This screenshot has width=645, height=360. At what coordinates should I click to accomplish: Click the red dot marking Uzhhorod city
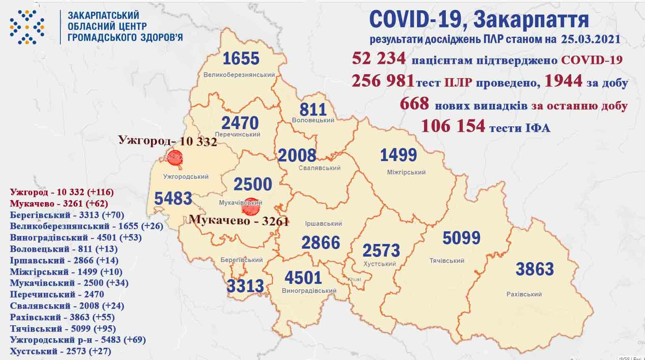[174, 157]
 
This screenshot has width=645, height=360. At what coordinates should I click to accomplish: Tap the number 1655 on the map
[241, 58]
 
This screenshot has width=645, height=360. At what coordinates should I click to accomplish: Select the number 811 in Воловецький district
[313, 109]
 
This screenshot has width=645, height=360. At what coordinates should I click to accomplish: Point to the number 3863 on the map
[535, 269]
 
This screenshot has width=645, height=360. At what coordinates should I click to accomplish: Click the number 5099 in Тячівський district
[461, 238]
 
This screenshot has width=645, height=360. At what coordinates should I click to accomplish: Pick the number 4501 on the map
[303, 277]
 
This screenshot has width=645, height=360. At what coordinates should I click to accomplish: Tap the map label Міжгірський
[406, 172]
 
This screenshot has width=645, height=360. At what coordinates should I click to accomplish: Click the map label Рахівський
[524, 294]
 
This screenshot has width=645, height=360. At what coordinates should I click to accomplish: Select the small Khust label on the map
[354, 279]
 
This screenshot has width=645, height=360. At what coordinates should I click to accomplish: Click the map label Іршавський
[323, 224]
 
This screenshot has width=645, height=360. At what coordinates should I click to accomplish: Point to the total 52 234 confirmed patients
[379, 58]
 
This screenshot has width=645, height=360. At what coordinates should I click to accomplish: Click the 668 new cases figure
[414, 104]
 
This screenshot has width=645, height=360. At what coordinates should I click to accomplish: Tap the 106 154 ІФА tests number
[453, 126]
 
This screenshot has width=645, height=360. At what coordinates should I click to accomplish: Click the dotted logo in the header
[27, 27]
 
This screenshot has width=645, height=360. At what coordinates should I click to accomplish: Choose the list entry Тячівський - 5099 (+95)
[63, 328]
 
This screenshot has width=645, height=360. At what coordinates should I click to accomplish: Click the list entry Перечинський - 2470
[57, 294]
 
